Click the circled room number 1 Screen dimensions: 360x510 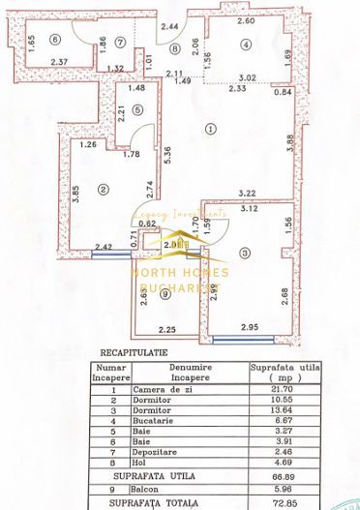[x=212, y=128]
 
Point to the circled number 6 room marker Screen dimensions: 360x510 [x=56, y=39]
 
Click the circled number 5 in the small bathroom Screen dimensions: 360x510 [x=138, y=108]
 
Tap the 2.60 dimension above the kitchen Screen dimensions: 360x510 [x=246, y=20]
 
